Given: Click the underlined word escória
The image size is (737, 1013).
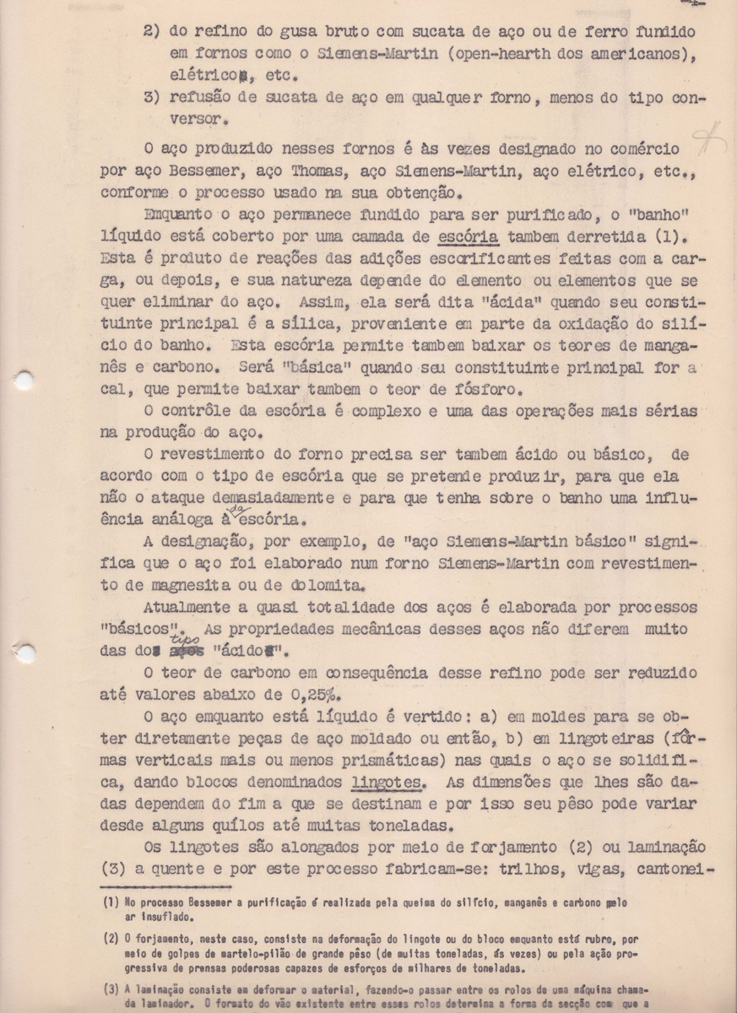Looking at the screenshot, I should [x=469, y=234].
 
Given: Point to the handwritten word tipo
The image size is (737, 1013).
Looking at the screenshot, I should [x=192, y=638].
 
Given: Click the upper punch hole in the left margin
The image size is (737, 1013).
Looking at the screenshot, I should [x=23, y=381].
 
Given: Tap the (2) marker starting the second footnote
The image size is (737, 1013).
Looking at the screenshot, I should [x=111, y=937].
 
